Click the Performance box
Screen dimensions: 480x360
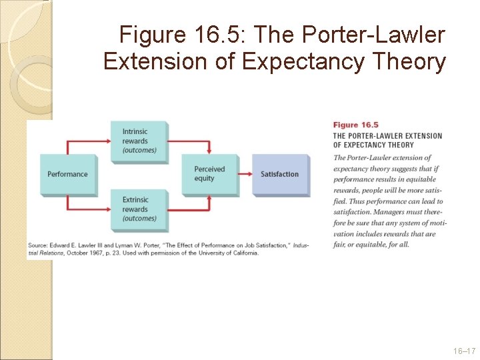[x=67, y=174]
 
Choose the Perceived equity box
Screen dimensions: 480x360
[x=209, y=174]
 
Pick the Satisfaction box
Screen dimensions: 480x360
[x=280, y=174]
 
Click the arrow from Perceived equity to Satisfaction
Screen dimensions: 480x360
[x=244, y=174]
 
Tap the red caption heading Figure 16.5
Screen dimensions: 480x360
[x=355, y=125]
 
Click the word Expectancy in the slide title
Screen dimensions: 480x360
[x=302, y=61]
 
